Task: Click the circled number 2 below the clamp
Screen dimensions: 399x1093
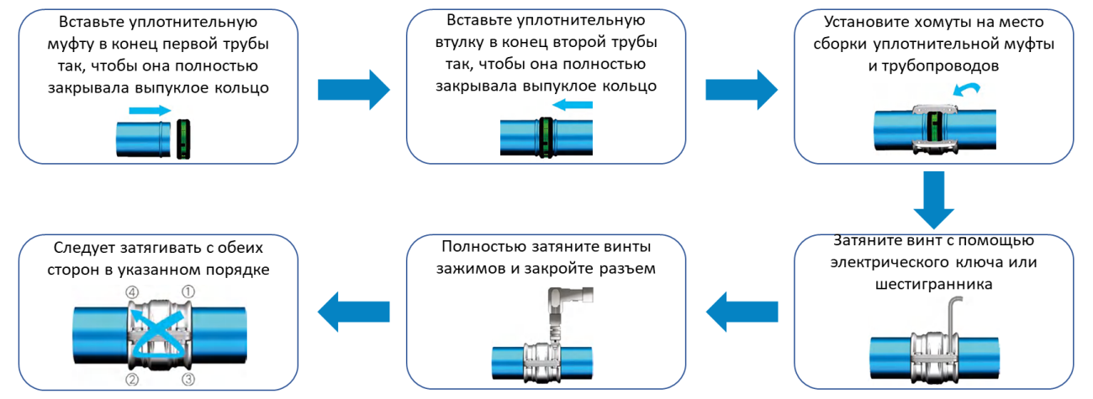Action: (132, 381)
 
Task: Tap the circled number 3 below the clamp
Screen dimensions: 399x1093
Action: (188, 381)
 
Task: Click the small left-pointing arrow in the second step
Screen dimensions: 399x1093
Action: (572, 105)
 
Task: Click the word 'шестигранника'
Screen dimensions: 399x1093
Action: (934, 284)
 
